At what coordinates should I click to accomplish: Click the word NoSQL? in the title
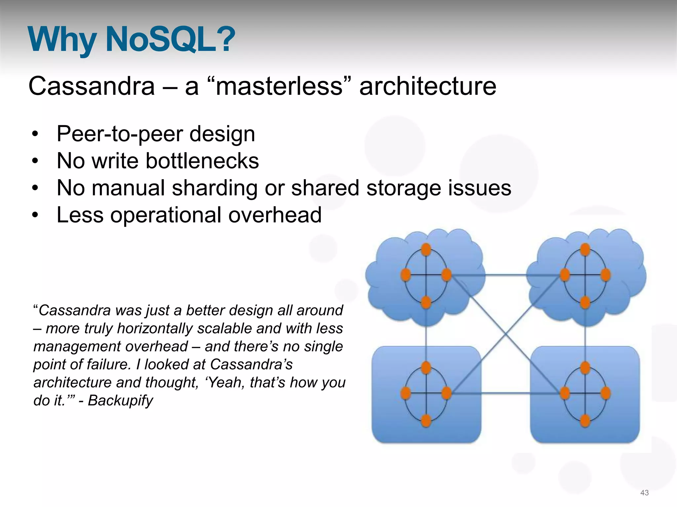170,40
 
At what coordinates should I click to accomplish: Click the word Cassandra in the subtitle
92,86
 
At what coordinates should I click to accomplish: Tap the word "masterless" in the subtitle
279,86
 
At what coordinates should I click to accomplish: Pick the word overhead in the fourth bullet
275,215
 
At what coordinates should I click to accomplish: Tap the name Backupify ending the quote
120,400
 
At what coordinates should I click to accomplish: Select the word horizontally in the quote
155,328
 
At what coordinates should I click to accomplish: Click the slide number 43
644,493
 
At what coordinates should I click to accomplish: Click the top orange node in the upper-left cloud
426,249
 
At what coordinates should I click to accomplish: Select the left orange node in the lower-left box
406,393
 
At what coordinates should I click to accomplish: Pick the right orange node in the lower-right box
606,393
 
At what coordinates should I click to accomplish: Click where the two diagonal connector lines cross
505,334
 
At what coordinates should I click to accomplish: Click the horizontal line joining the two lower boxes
505,393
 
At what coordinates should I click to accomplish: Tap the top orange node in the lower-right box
585,367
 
